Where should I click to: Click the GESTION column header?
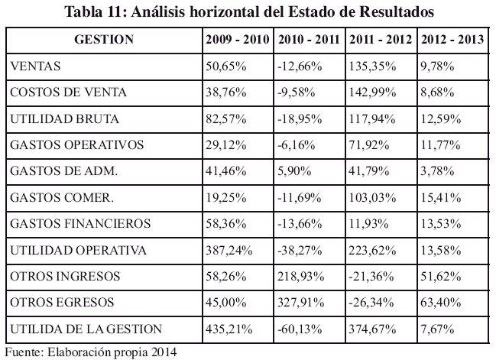click(x=104, y=39)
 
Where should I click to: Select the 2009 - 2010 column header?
click(x=238, y=39)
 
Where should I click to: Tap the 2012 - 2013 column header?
click(x=453, y=39)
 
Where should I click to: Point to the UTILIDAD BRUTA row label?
click(x=57, y=118)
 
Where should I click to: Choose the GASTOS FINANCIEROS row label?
click(x=70, y=224)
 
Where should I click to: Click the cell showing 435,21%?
click(x=228, y=329)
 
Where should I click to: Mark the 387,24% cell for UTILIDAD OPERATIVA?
click(x=228, y=250)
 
